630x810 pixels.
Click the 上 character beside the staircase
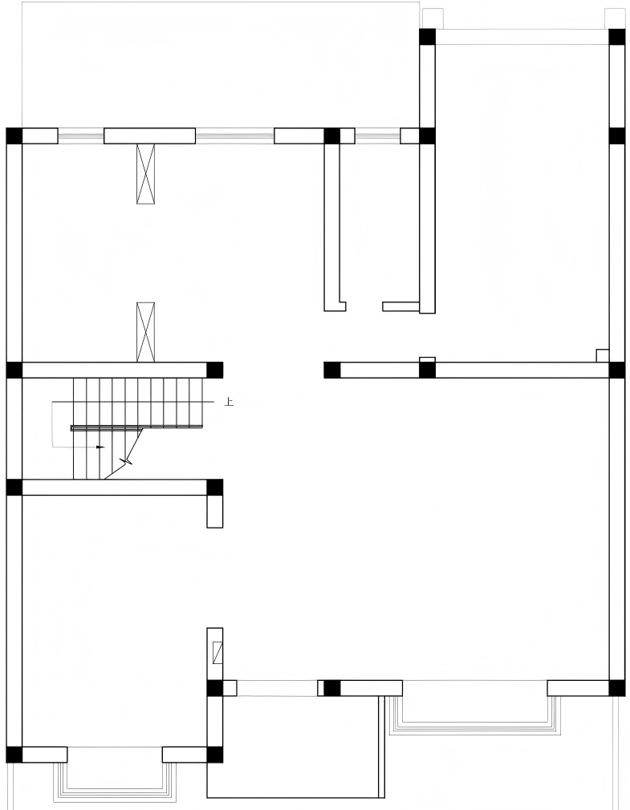pos(229,401)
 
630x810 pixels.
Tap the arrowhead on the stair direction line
pos(100,447)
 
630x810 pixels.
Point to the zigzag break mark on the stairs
pos(125,460)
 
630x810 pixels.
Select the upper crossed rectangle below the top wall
pos(146,173)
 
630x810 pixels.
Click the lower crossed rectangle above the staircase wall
pos(146,332)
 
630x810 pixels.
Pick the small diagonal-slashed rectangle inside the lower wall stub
pos(218,653)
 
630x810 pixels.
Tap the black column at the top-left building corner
pos(14,136)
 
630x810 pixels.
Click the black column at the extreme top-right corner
pos(617,37)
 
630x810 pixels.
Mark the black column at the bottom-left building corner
pos(14,755)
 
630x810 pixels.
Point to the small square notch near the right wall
pos(603,356)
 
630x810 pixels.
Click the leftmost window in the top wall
pos(80,136)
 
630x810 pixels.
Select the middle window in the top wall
pos(234,136)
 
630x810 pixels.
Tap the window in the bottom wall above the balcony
pos(277,688)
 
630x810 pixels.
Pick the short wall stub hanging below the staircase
pos(215,512)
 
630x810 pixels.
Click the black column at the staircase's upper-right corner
pos(215,370)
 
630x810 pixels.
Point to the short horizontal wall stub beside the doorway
pos(400,306)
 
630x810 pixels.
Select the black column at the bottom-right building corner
pos(617,688)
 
